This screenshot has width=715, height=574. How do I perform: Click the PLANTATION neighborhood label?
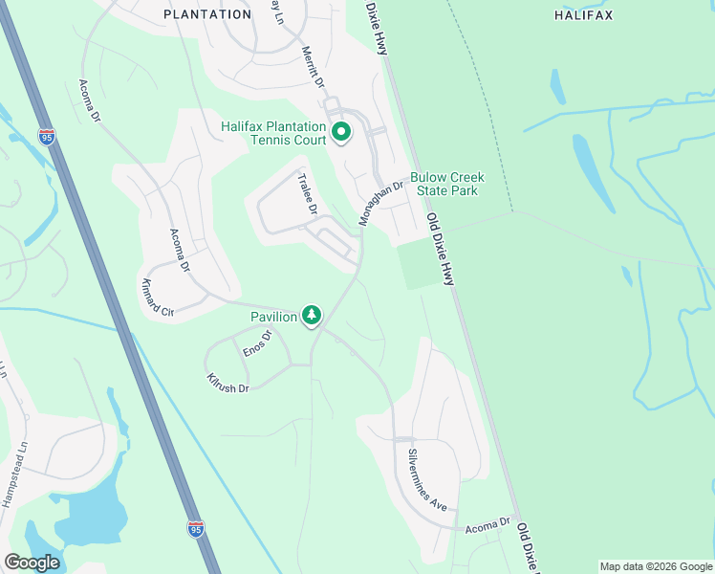[207, 14]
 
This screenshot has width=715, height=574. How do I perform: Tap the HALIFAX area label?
[583, 14]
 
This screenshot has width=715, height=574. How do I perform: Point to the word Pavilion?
[273, 316]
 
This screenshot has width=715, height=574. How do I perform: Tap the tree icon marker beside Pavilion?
[312, 315]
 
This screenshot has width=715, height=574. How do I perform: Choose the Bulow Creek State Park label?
[447, 184]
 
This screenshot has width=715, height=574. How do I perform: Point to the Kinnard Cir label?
[158, 298]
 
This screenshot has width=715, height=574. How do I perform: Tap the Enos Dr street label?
[257, 343]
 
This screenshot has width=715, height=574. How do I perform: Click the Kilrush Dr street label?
[227, 383]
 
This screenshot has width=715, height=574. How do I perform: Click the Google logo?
[32, 563]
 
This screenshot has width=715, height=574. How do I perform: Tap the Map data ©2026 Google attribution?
[657, 566]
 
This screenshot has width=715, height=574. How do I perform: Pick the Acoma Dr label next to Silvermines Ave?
[488, 527]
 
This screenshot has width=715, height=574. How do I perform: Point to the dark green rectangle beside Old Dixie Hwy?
[421, 264]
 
